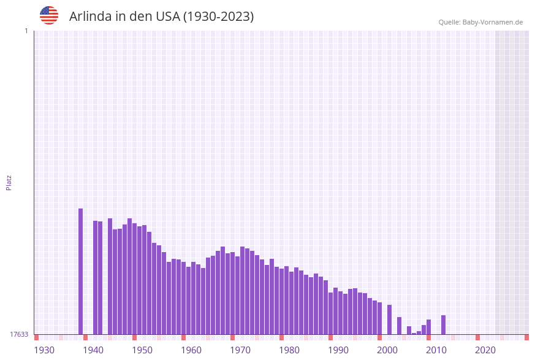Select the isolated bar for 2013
click(443, 324)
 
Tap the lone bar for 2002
click(389, 320)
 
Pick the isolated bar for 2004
click(399, 326)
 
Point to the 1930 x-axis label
click(44, 350)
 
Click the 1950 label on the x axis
click(142, 350)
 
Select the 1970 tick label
click(240, 350)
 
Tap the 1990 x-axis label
click(338, 350)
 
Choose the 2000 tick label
click(387, 350)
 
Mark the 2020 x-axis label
click(485, 350)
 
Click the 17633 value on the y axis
click(19, 334)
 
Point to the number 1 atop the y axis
click(26, 31)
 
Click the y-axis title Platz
click(9, 182)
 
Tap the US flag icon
click(49, 15)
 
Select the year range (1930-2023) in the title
click(218, 17)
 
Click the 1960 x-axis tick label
click(191, 350)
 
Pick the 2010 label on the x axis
click(436, 350)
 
